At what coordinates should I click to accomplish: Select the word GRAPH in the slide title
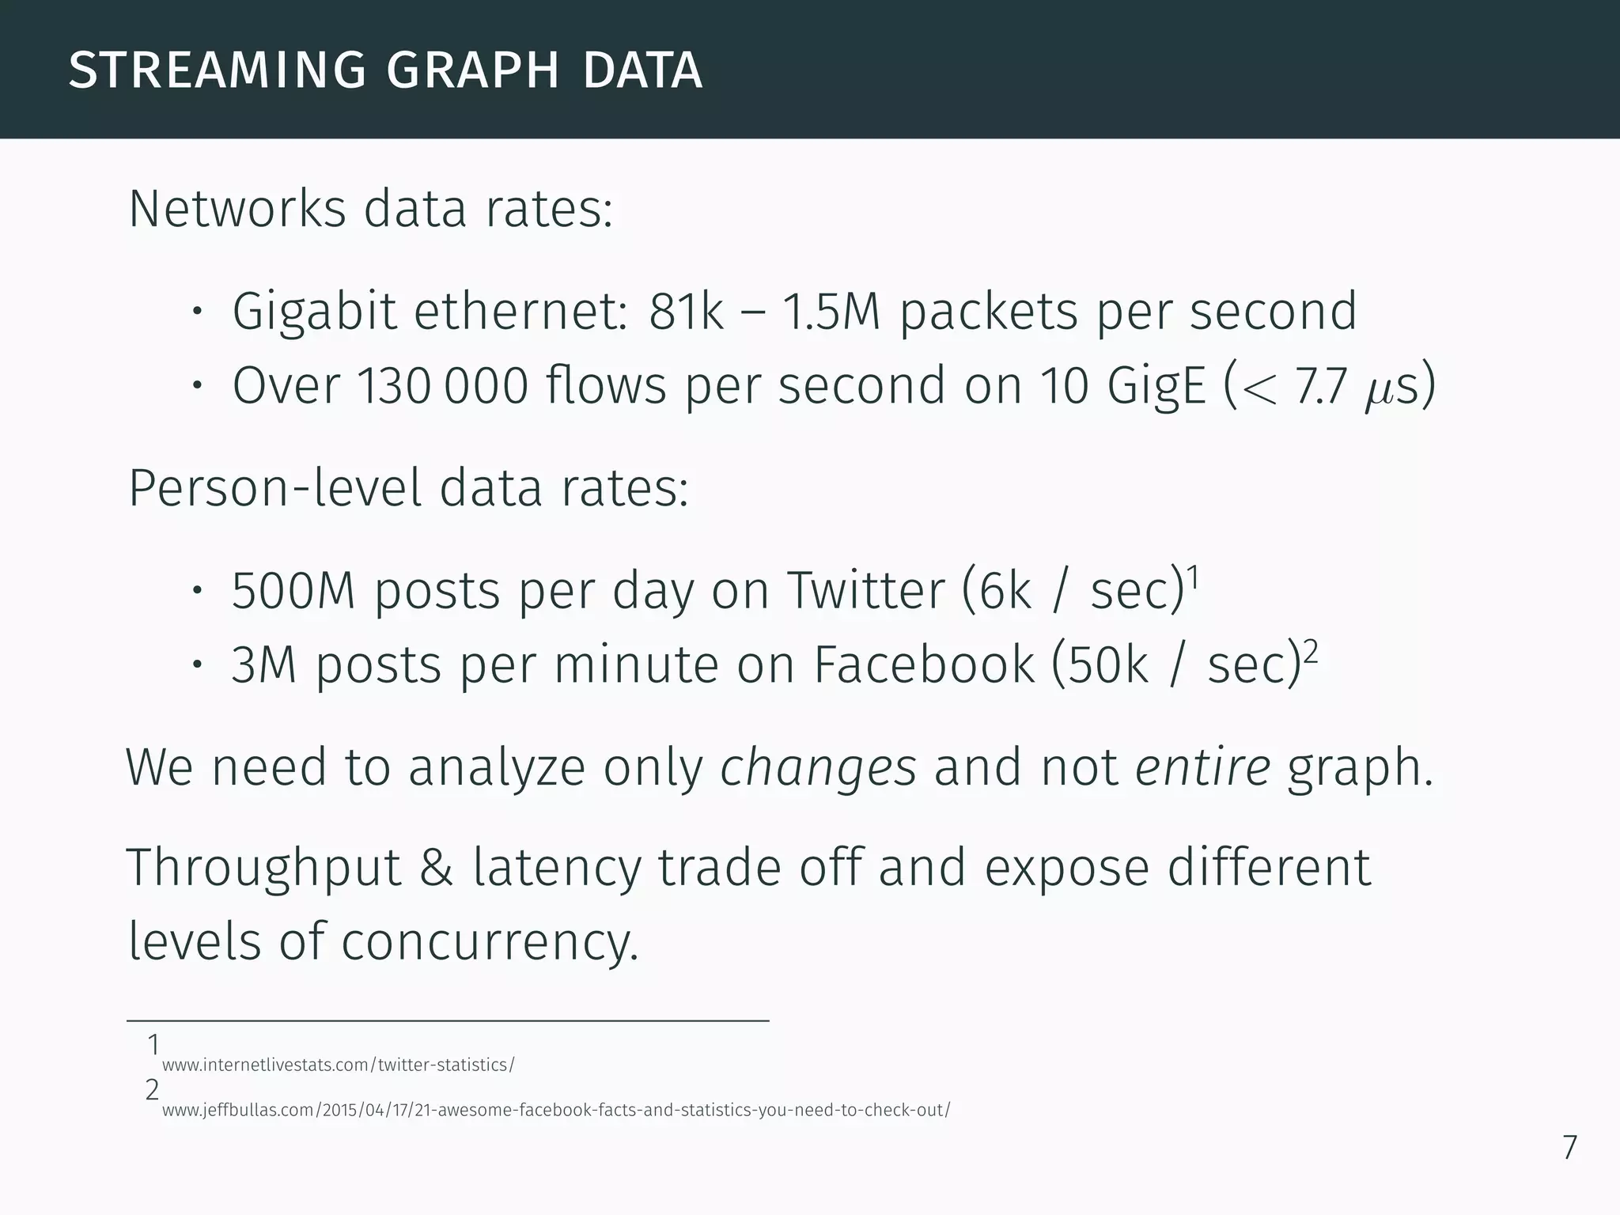click(473, 70)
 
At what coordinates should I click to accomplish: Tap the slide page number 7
click(1569, 1148)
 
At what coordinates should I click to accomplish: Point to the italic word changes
click(818, 769)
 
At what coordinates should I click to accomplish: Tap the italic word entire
click(1202, 767)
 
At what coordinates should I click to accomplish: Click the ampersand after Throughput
click(437, 868)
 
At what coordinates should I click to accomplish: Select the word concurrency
click(489, 942)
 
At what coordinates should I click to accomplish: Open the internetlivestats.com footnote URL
click(338, 1065)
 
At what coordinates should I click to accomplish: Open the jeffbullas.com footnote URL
click(555, 1110)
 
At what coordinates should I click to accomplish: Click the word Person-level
click(274, 488)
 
